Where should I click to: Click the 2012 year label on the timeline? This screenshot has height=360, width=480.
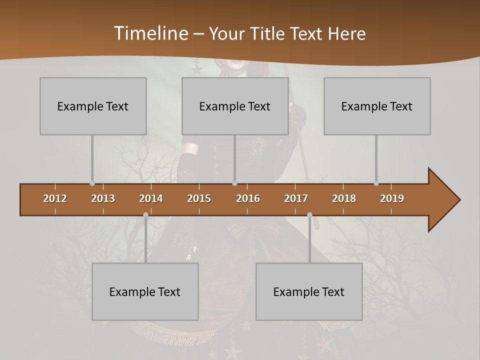pyautogui.click(x=55, y=198)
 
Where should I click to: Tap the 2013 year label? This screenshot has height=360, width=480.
pyautogui.click(x=103, y=198)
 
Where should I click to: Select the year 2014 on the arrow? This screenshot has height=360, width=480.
pyautogui.click(x=151, y=198)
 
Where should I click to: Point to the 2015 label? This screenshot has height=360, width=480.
pyautogui.click(x=199, y=198)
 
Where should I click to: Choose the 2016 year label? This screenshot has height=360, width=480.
pyautogui.click(x=248, y=198)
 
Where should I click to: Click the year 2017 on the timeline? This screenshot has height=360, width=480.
pyautogui.click(x=296, y=198)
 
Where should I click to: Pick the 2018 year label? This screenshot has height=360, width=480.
pyautogui.click(x=344, y=198)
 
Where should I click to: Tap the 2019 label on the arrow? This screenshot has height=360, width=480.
pyautogui.click(x=392, y=198)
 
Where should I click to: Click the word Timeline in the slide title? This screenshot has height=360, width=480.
pyautogui.click(x=149, y=33)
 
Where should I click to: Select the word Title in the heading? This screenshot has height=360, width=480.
pyautogui.click(x=268, y=34)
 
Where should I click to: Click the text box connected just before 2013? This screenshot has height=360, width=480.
pyautogui.click(x=93, y=106)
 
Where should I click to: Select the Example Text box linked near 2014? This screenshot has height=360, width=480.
pyautogui.click(x=145, y=291)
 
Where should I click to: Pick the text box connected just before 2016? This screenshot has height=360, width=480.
pyautogui.click(x=235, y=106)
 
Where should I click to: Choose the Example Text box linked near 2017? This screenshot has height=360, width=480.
pyautogui.click(x=309, y=291)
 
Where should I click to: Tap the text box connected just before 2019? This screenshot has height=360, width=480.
pyautogui.click(x=377, y=106)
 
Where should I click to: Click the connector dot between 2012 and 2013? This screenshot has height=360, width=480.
pyautogui.click(x=92, y=183)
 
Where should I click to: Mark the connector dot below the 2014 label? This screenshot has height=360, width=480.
pyautogui.click(x=145, y=215)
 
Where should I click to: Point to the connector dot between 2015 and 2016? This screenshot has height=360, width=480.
pyautogui.click(x=234, y=183)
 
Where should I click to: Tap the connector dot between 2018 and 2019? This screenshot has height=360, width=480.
pyautogui.click(x=376, y=183)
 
